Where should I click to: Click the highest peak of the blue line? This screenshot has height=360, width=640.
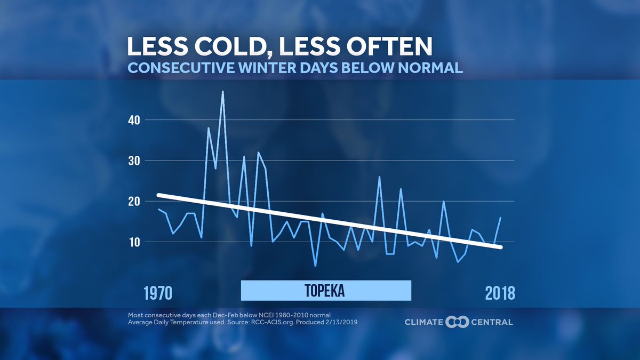(x=222, y=92)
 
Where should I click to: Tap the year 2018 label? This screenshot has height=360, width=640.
(x=500, y=293)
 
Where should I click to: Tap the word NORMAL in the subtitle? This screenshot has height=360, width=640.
(x=430, y=68)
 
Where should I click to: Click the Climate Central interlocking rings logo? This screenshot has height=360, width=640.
(x=457, y=322)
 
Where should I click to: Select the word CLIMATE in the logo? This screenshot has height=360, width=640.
(x=424, y=322)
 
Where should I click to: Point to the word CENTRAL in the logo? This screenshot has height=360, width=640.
(x=491, y=322)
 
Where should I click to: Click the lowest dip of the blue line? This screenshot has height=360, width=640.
(x=315, y=265)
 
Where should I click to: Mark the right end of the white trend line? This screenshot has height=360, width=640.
(x=500, y=246)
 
